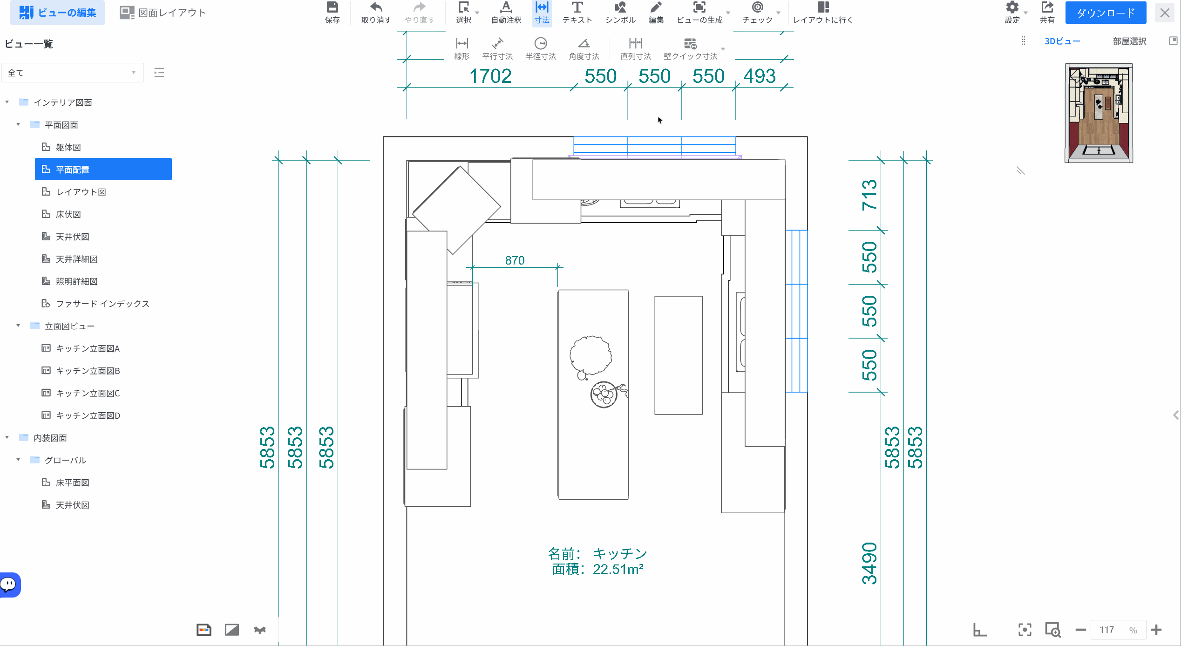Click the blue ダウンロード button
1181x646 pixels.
[x=1106, y=13]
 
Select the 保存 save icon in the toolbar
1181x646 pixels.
[x=332, y=13]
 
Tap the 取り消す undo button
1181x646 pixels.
[x=376, y=13]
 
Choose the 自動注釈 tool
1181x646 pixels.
[x=506, y=13]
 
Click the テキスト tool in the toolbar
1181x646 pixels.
[x=577, y=13]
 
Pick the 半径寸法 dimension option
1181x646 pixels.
[x=541, y=49]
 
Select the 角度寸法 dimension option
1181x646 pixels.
[x=584, y=49]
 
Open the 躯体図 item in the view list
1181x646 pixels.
[x=68, y=147]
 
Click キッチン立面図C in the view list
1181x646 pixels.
[x=88, y=393]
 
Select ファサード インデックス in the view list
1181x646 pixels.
[x=102, y=304]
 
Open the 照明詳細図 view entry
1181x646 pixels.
[x=76, y=281]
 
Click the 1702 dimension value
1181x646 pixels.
[x=490, y=76]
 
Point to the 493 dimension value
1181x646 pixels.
[x=760, y=76]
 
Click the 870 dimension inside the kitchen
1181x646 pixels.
[x=515, y=260]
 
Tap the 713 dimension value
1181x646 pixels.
[x=869, y=195]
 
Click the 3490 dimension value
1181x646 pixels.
[x=869, y=564]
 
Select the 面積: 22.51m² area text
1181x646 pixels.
[x=598, y=569]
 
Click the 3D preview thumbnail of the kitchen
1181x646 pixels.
[x=1099, y=113]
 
